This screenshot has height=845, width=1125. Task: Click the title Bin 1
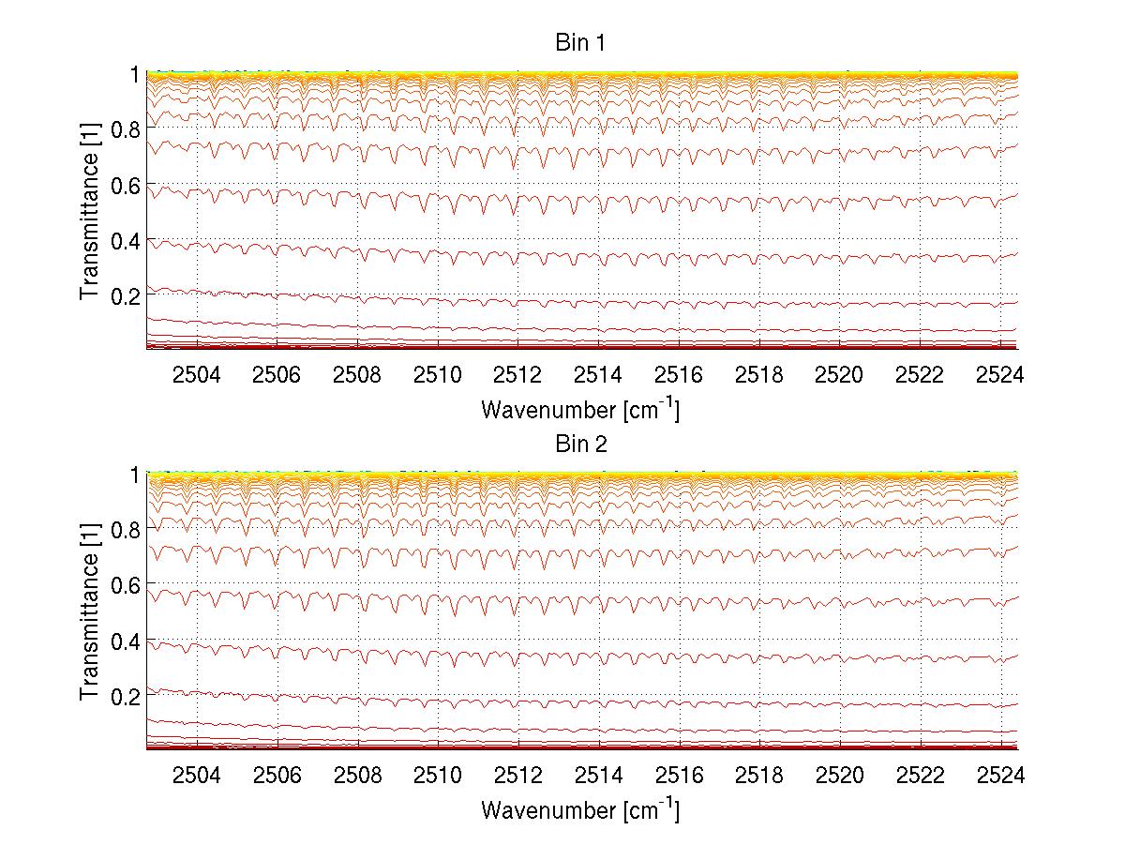pos(581,43)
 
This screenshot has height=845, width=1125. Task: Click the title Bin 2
pos(581,445)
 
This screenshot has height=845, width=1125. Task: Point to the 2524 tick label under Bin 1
pos(998,375)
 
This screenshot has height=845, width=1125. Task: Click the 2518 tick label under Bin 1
pos(758,375)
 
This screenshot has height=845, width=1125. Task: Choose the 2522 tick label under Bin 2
pos(919,776)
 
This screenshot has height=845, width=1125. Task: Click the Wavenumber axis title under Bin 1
pos(580,409)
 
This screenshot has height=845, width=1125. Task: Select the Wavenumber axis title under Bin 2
pos(580,809)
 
